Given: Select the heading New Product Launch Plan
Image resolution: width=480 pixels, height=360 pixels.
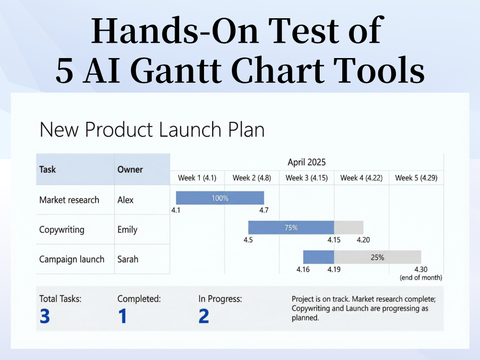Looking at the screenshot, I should (152, 130).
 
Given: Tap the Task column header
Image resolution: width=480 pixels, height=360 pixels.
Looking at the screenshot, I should (48, 169).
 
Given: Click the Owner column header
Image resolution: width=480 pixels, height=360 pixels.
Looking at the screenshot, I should (130, 169).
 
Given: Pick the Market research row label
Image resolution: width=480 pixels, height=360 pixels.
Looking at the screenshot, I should (69, 200).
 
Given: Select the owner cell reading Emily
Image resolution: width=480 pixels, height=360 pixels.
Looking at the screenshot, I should (127, 229).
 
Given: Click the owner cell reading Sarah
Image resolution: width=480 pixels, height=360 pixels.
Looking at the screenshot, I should (128, 259).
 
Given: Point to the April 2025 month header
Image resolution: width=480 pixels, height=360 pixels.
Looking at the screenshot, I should (306, 162).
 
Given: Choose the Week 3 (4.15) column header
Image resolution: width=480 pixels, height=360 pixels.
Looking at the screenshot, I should (306, 178).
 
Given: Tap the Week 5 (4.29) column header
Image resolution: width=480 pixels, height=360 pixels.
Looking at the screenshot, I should (416, 178).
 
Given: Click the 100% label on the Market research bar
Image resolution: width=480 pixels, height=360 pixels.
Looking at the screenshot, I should (220, 198).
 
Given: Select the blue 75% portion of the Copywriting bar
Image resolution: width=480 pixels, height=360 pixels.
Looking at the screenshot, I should (291, 228).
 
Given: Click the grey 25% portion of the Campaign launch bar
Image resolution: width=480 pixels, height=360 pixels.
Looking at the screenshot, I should (377, 257).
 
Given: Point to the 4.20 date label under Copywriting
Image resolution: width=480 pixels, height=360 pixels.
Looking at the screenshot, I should (363, 240).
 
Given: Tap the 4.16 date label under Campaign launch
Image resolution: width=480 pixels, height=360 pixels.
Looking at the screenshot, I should (303, 269).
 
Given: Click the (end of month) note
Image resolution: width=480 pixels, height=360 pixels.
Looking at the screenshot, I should (420, 277).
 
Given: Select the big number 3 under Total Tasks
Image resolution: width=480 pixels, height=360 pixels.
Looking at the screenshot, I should (45, 316).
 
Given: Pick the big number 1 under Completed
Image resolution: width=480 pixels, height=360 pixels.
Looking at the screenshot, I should (122, 316).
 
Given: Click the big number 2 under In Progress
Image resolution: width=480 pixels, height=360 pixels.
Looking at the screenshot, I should (204, 316).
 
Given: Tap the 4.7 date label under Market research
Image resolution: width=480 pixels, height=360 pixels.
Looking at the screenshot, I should (264, 210).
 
